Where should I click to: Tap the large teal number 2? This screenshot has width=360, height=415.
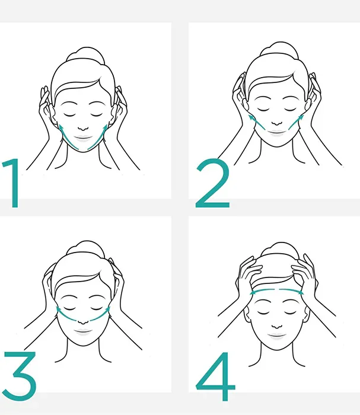click(212, 183)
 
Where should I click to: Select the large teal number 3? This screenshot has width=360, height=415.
click(20, 376)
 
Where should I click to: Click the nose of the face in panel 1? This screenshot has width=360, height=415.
click(84, 129)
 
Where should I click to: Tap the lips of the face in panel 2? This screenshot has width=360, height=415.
click(277, 132)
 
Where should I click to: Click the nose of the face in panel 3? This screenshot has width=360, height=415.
click(83, 322)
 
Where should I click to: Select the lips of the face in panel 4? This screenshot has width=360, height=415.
click(277, 336)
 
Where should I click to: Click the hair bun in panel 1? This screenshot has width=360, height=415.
click(85, 54)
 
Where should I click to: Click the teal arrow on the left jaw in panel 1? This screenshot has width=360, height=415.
click(66, 138)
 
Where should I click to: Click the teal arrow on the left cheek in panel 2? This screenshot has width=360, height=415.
click(256, 122)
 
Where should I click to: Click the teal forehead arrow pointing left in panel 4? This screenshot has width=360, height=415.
click(262, 290)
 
